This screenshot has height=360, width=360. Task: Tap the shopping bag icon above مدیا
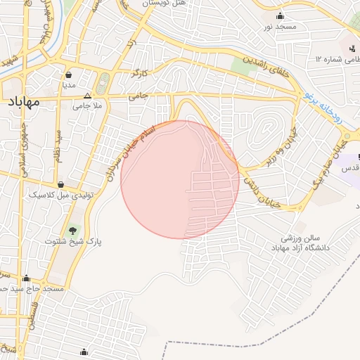coord(69,74)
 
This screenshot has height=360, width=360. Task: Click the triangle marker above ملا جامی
coord(87,96)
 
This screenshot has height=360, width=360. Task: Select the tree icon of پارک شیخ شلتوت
coord(72,230)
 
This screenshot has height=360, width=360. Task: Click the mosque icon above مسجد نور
coord(281,16)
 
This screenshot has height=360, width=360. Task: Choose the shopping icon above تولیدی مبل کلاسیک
coord(61,184)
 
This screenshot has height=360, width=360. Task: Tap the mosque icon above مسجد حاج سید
coord(27,278)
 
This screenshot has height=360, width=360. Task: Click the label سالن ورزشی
coord(301,239)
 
